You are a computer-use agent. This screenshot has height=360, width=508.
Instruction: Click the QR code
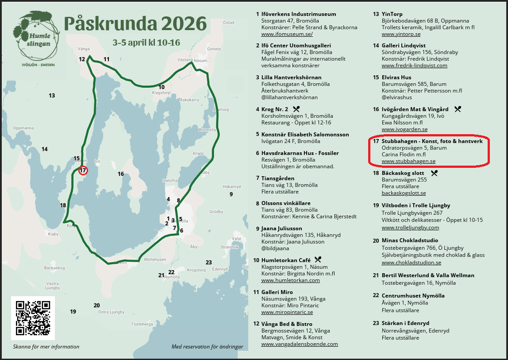pos(33,317)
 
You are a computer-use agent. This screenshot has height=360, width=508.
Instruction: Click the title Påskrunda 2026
pos(135,23)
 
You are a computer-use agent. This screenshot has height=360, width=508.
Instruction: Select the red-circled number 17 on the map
pos(83,170)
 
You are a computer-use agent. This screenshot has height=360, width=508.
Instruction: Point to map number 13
pos(52,96)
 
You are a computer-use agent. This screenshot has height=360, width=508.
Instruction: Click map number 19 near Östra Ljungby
pos(73,312)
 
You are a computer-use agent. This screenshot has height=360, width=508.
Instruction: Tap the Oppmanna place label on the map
pos(23,128)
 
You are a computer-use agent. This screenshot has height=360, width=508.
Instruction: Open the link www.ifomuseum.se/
pos(287,34)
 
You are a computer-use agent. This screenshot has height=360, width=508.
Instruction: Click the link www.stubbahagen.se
pos(408,161)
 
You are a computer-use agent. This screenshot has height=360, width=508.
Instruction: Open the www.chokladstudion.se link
pos(411,263)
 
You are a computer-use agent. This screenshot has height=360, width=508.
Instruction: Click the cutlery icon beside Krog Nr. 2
pos(296,109)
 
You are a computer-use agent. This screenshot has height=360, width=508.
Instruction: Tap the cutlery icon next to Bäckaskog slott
pos(434,173)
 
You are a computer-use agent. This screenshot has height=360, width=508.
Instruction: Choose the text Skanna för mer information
pos(46,347)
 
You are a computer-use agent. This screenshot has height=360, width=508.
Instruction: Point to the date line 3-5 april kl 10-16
pos(146,43)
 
